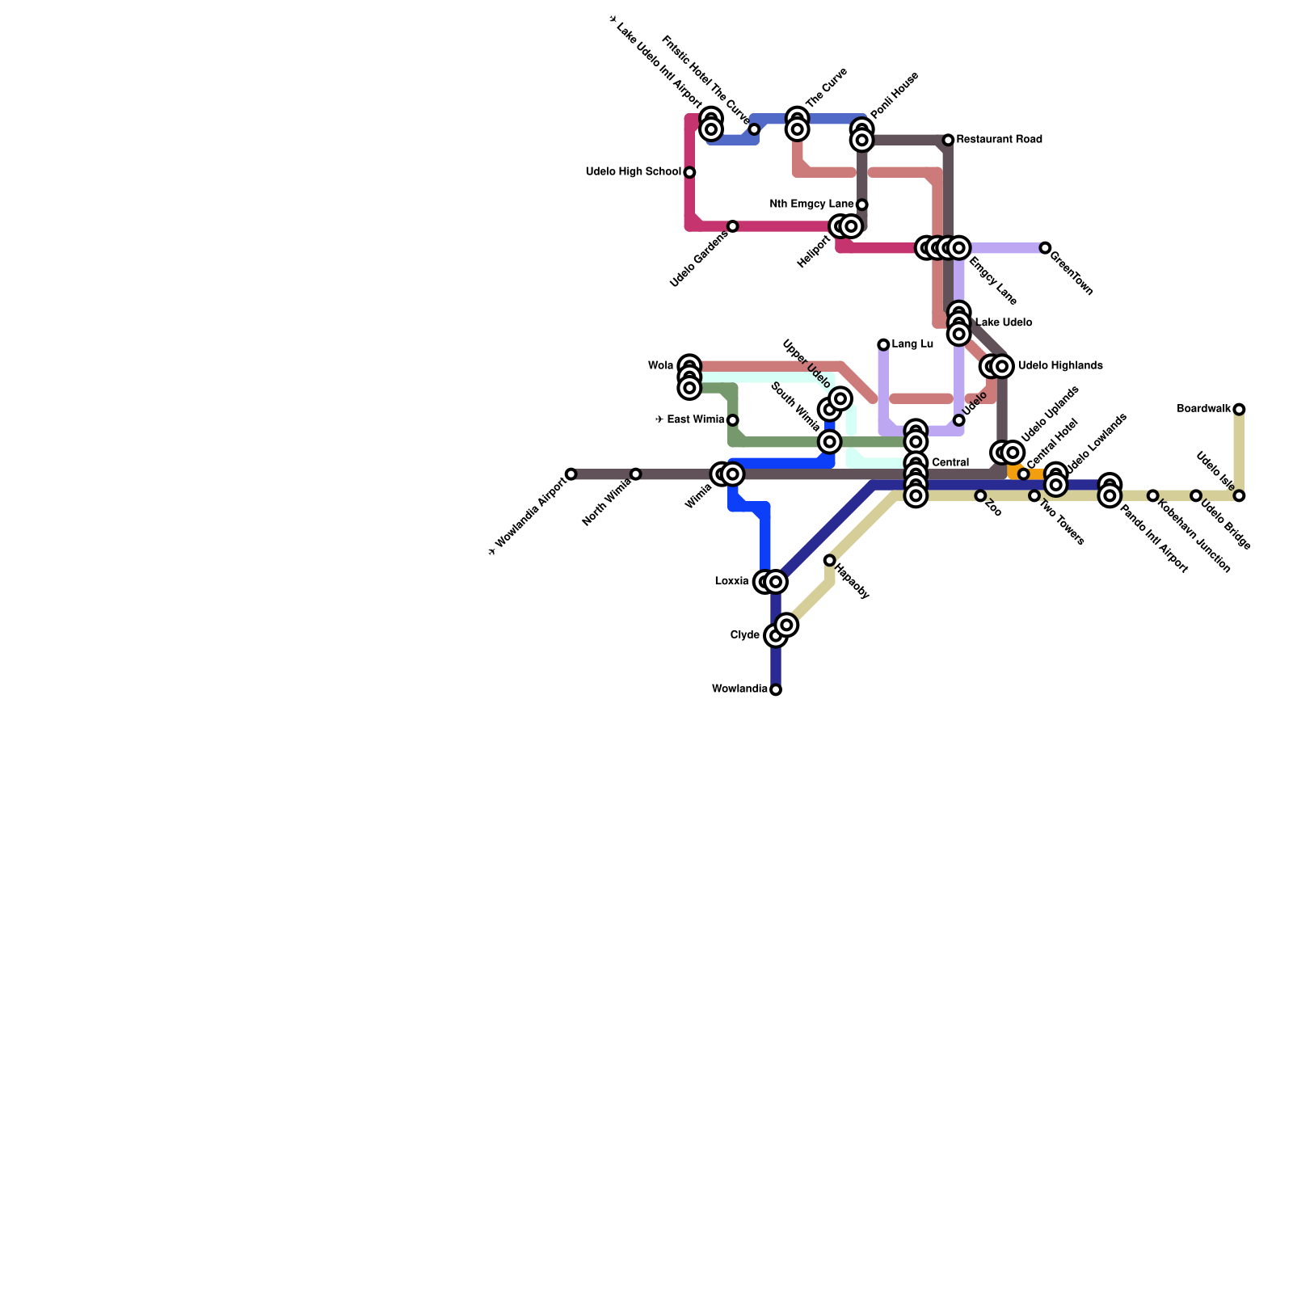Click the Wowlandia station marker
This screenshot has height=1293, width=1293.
pos(776,689)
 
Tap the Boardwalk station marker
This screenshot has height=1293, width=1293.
pos(1239,410)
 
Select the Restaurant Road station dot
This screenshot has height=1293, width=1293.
pos(948,141)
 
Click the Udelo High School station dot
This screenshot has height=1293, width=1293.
pos(689,172)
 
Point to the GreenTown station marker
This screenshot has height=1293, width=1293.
pos(1045,248)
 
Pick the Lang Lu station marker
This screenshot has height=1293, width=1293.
pos(883,345)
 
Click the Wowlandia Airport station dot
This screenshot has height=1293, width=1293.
pos(571,474)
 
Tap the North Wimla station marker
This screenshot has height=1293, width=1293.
pos(636,474)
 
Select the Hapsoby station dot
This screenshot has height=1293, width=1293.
pos(829,560)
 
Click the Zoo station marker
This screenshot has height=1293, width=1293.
pos(980,495)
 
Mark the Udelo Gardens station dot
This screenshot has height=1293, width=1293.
pos(732,226)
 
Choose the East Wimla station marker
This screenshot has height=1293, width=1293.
pos(732,420)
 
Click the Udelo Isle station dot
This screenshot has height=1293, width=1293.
pos(1239,495)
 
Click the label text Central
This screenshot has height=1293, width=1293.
pos(950,463)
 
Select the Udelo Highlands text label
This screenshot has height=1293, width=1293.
pos(1060,366)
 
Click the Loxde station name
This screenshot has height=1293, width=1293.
pos(731,582)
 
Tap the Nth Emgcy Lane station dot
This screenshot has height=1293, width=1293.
pos(862,204)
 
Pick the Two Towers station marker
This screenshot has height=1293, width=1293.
pos(1034,495)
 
